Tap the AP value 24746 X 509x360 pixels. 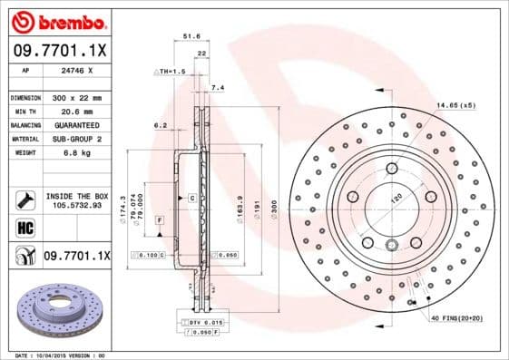pyautogui.click(x=78, y=70)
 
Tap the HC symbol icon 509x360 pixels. pyautogui.click(x=24, y=227)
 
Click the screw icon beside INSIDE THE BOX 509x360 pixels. pyautogui.click(x=24, y=199)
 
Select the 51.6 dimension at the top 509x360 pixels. pyautogui.click(x=191, y=37)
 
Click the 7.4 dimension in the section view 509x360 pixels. pyautogui.click(x=216, y=87)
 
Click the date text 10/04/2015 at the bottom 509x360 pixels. pyautogui.click(x=58, y=355)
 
